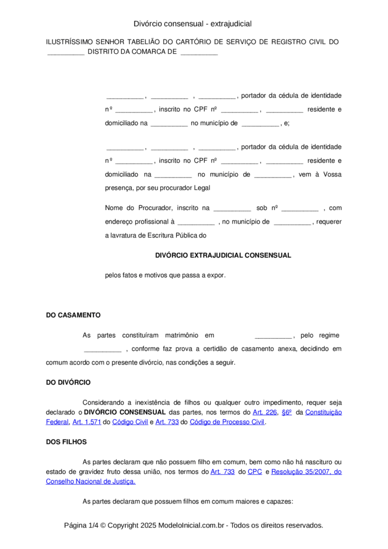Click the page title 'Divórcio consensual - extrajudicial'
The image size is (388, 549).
point(193,24)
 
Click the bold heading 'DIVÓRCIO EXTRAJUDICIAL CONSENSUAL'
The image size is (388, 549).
point(223,255)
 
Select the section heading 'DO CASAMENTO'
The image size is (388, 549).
point(73,315)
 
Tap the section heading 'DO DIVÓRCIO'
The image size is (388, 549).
point(68,382)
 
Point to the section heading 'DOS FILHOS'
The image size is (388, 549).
point(66,442)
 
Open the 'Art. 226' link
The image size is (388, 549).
point(264,412)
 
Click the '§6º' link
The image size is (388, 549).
point(286,412)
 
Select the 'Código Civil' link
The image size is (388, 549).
point(130,422)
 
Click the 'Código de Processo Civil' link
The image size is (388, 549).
point(227,422)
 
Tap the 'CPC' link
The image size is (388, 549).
point(255,472)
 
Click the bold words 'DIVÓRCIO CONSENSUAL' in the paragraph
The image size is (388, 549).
point(124,412)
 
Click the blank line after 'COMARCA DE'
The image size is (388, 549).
point(199,53)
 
